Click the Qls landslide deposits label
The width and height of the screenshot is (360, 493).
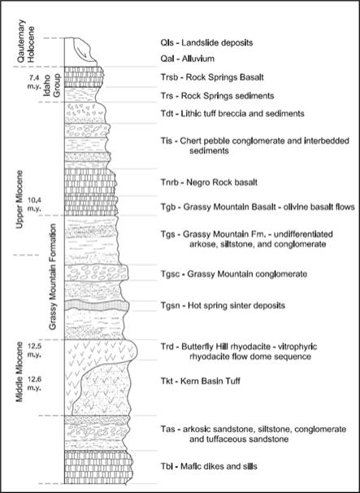coord(206,42)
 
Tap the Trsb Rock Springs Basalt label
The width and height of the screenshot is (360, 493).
coord(212,77)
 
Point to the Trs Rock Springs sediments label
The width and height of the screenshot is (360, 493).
coord(217,95)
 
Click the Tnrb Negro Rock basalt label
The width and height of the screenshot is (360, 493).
coord(209,182)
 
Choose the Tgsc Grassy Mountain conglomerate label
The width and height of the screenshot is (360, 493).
coord(233,274)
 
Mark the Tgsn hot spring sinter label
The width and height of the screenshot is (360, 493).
coord(223,305)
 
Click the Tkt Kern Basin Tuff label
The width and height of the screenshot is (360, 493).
coord(200,382)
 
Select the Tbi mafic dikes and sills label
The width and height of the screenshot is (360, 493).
coord(209,466)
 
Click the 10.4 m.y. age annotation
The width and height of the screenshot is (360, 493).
coord(35,204)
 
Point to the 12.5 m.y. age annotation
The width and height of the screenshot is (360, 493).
coord(35,350)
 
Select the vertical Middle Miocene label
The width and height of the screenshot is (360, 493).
coord(20,372)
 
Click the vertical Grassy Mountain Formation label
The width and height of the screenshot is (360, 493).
coord(53,277)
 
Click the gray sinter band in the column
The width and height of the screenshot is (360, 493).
coord(97,305)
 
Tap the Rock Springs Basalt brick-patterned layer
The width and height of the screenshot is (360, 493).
coord(85,76)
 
